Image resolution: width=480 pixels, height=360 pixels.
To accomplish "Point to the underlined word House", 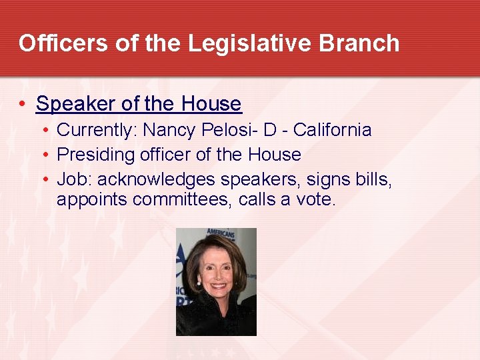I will click(210, 104).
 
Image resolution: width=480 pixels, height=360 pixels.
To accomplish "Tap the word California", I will click(332, 129).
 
